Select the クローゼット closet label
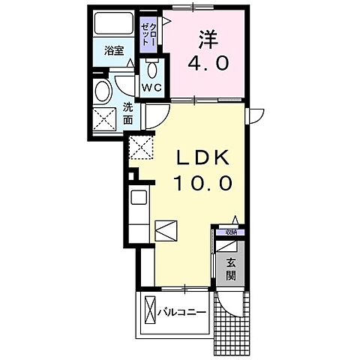point(150,34)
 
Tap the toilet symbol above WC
point(152,68)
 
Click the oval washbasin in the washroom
point(104,91)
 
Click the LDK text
point(202,157)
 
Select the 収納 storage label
point(226,232)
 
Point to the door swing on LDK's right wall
point(254,115)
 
